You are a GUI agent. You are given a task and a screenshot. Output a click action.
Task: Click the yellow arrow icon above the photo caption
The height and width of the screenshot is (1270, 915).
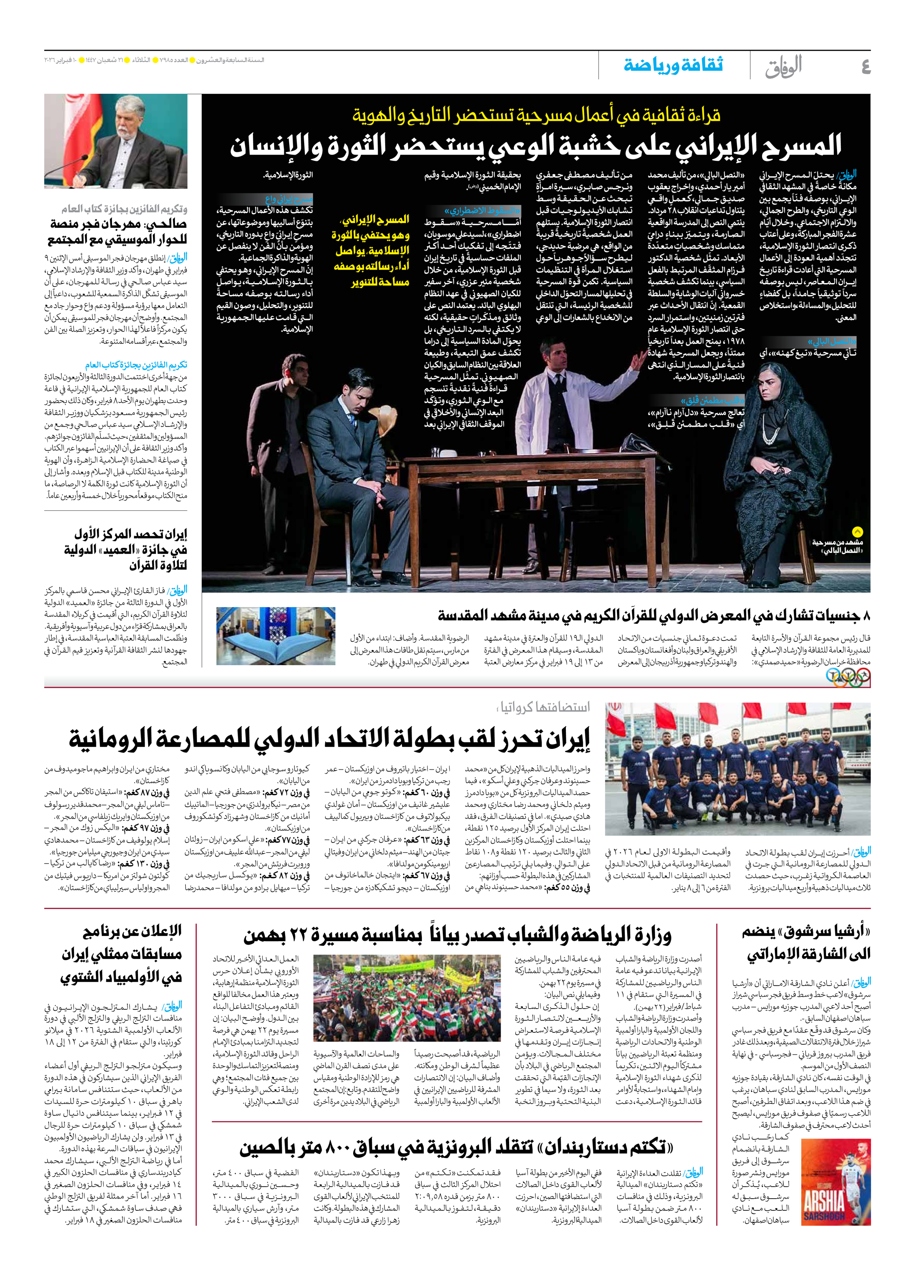tap(858, 532)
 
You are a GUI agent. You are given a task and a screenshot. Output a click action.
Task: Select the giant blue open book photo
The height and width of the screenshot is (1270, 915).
tap(276, 636)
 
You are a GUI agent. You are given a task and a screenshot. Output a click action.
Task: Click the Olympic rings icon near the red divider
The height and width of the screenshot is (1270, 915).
tap(848, 678)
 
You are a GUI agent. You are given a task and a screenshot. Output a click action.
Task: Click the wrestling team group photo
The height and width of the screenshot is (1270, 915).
tap(737, 769)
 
